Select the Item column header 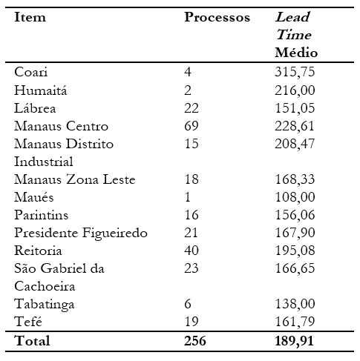tap(30, 17)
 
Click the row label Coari tap(30, 72)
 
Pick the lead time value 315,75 tap(295, 72)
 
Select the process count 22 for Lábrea tap(192, 107)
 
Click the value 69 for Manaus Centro tap(192, 126)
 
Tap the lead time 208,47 tap(295, 144)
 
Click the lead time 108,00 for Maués tap(295, 198)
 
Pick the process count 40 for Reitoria tap(192, 251)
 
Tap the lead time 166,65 tap(295, 270)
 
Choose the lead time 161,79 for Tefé tap(295, 323)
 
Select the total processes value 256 tap(197, 342)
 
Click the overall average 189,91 tap(296, 342)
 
